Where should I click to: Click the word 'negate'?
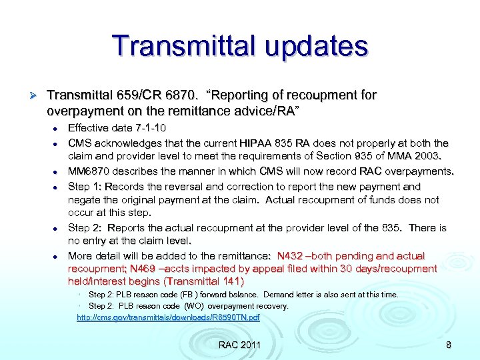pyautogui.click(x=85, y=199)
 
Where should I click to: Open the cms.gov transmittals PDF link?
pyautogui.click(x=168, y=317)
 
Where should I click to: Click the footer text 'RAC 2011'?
pyautogui.click(x=239, y=345)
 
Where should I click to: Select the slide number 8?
pyautogui.click(x=448, y=345)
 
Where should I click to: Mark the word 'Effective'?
pyautogui.click(x=91, y=128)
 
